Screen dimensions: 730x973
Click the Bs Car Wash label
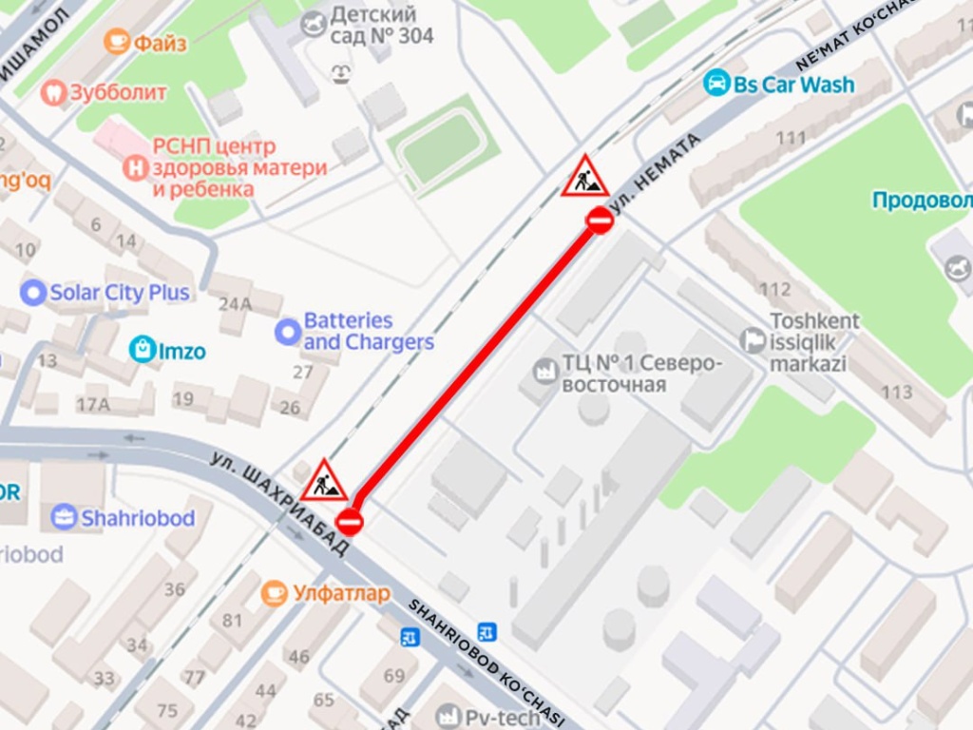click(x=793, y=85)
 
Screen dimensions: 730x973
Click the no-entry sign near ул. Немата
click(x=600, y=221)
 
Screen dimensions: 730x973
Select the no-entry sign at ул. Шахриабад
click(x=350, y=521)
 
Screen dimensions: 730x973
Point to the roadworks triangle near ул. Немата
click(x=584, y=178)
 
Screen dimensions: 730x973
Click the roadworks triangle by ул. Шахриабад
click(x=325, y=482)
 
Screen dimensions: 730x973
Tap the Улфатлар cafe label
click(x=340, y=594)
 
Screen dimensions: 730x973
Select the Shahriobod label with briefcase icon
click(x=137, y=518)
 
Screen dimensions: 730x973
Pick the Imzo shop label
click(x=181, y=351)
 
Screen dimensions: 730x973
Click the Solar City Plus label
click(x=119, y=293)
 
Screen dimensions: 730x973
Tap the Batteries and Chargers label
click(x=368, y=331)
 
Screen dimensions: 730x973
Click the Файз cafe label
click(x=160, y=43)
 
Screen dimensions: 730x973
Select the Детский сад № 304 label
click(x=381, y=26)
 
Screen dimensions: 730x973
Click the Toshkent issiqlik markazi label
click(x=814, y=342)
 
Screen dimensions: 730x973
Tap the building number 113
click(x=896, y=392)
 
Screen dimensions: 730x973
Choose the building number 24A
click(x=235, y=304)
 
